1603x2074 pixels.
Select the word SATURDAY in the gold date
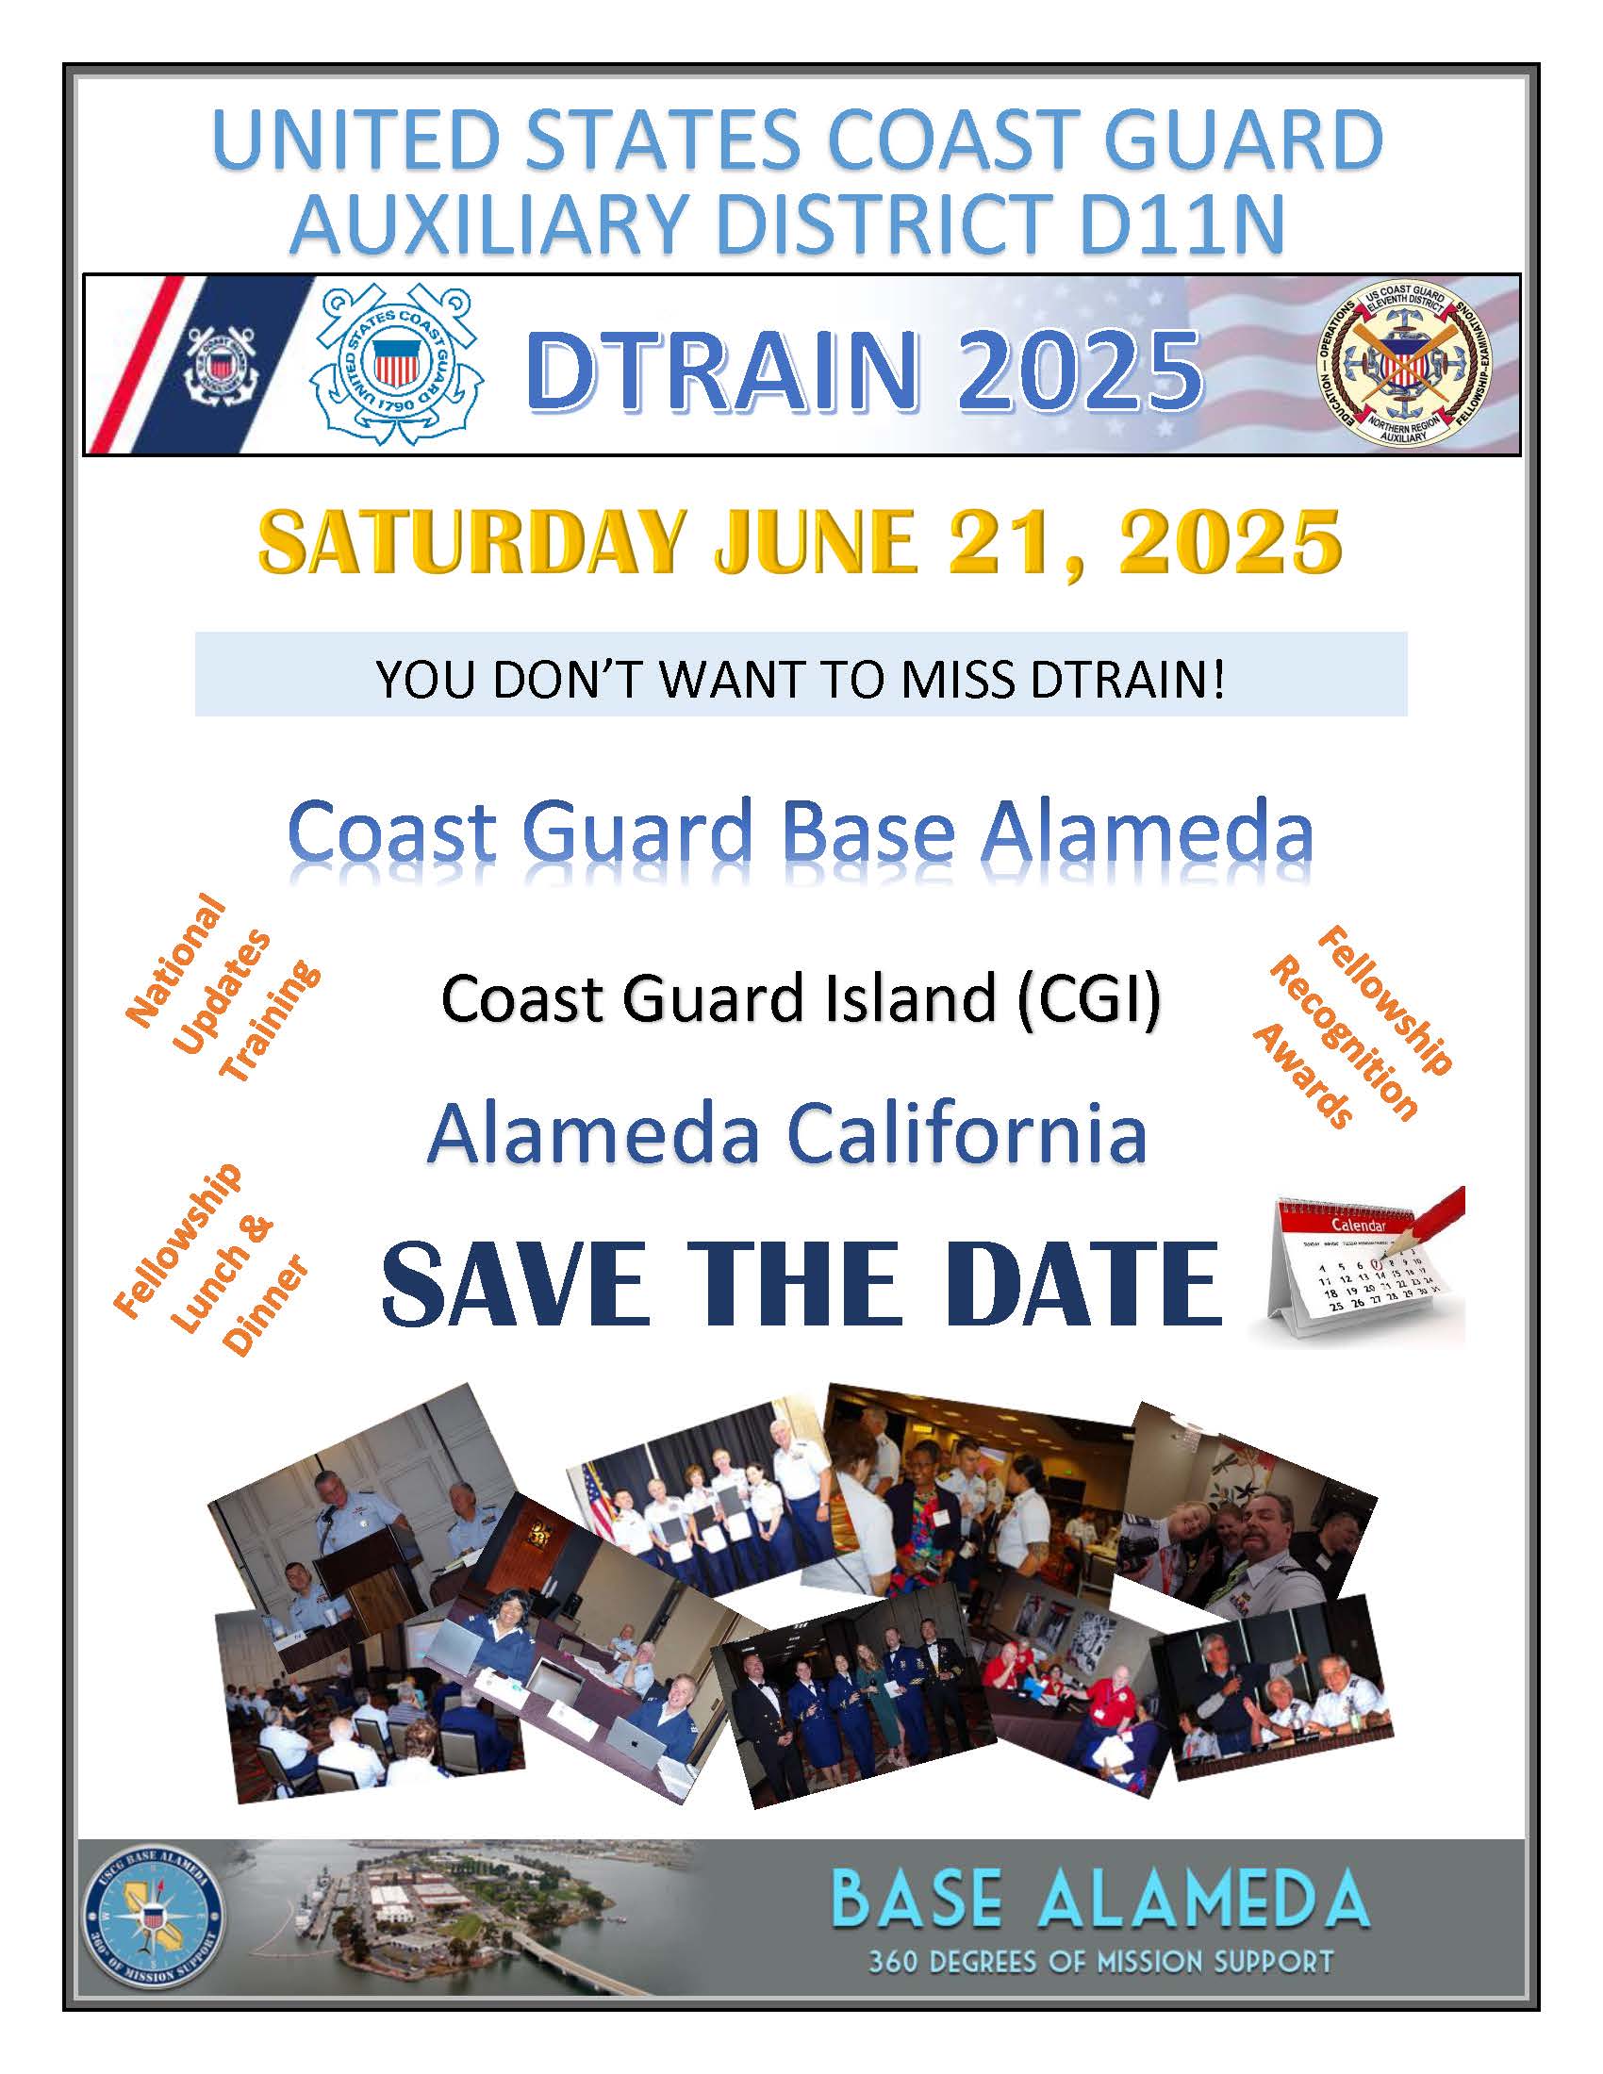tap(471, 541)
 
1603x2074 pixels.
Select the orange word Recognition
tap(1342, 1037)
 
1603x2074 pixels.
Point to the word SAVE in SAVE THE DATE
tap(517, 1284)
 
